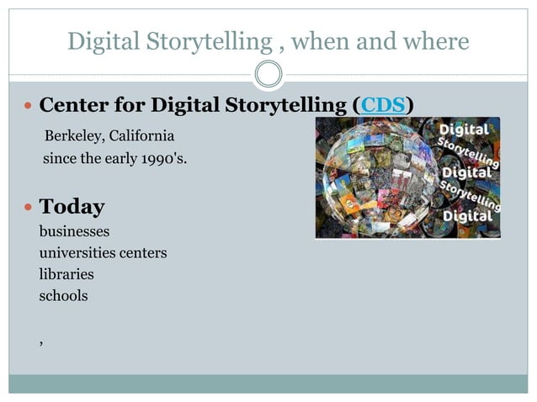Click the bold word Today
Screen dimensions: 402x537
[72, 207]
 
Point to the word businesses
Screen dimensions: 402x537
[74, 230]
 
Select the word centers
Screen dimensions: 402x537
[143, 252]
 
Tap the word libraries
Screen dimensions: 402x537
[66, 274]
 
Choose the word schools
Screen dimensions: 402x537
[63, 296]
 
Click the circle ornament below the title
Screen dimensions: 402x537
[268, 75]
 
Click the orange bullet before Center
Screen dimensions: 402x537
[27, 107]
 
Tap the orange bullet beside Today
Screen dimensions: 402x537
[27, 208]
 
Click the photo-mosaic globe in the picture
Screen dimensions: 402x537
[379, 178]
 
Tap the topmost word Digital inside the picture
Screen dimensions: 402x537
[465, 131]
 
